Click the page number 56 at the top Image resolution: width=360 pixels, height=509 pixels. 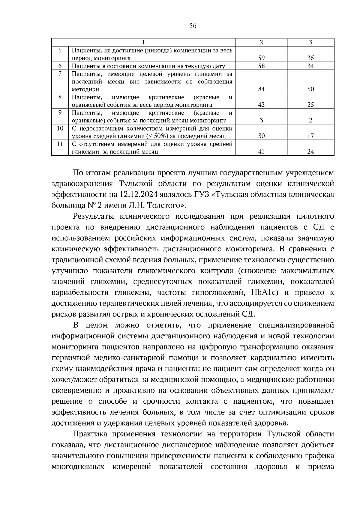193,26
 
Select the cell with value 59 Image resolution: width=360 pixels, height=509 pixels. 261,58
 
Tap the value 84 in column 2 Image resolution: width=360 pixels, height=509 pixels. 261,89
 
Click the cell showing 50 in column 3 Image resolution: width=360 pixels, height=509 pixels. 310,89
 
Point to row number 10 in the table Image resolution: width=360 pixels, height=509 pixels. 60,128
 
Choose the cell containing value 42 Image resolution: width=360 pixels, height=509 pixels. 261,105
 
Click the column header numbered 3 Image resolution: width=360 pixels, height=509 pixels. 310,42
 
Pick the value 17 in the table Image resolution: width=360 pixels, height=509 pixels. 310,136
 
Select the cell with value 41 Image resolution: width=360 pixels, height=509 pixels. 261,152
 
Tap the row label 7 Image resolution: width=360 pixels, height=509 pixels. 60,74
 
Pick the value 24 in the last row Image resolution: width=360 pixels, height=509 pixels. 310,152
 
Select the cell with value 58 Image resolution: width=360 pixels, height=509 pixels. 261,66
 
